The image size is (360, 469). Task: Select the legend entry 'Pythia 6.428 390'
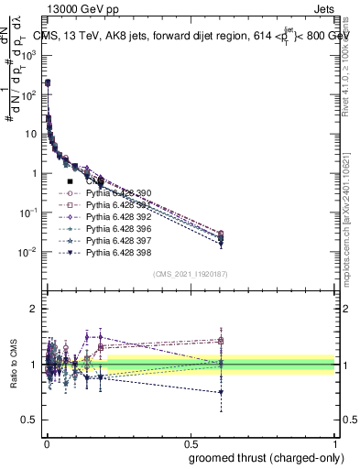click(x=117, y=193)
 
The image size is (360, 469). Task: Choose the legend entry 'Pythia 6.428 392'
click(x=117, y=217)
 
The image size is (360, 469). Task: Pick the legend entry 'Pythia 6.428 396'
click(x=117, y=229)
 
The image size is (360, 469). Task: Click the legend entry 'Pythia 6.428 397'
click(x=117, y=241)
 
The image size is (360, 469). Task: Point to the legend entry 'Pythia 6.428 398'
click(x=117, y=253)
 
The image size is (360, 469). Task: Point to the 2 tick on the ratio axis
click(x=34, y=310)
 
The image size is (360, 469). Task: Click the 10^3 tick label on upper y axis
click(x=27, y=55)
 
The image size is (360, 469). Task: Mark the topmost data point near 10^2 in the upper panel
click(x=48, y=82)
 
